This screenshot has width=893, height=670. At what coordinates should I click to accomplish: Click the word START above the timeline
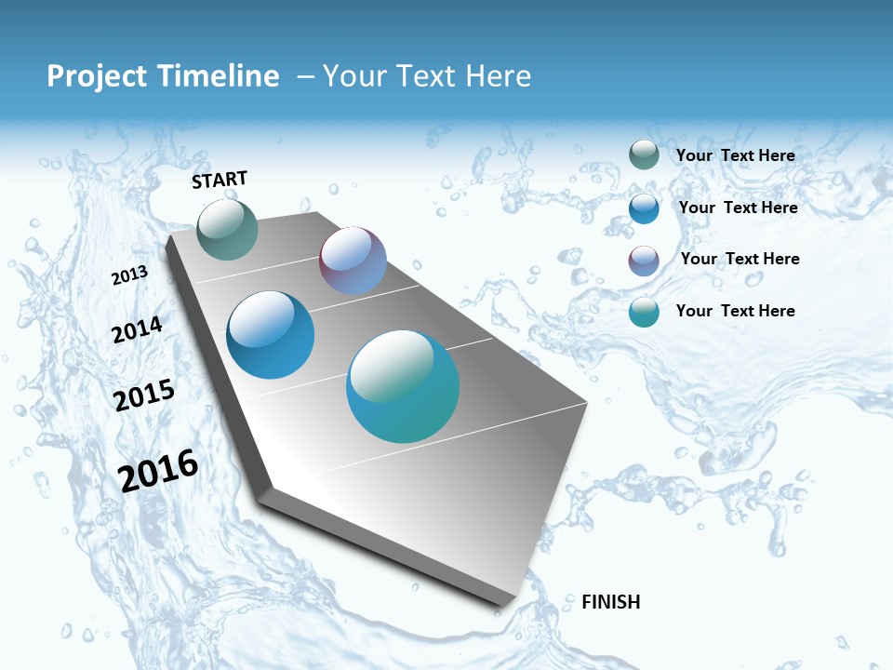coord(220,180)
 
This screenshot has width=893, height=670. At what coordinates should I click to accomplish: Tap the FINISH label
coord(610,602)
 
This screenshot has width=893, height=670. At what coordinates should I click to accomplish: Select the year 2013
coord(129,275)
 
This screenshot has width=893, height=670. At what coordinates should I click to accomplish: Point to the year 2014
coord(137,329)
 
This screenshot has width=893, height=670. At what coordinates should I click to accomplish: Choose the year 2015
coord(144,395)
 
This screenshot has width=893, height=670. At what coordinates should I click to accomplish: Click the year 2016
coord(158,470)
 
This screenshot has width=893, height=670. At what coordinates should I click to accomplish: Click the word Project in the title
coord(98,76)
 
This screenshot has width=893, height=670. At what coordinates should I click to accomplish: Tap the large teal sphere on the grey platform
coord(403,386)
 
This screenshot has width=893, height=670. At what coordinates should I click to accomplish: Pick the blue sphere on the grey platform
coord(270,335)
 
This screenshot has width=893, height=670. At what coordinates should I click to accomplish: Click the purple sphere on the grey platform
coord(353,261)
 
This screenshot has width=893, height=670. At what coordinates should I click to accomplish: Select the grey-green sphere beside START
coord(227,229)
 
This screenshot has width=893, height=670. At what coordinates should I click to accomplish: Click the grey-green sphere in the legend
coord(644,154)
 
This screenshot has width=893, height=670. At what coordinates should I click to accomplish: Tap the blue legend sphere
coord(644,208)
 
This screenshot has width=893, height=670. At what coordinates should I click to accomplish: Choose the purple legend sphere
coord(644,261)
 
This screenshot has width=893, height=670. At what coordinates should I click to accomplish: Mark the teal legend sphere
coord(644,312)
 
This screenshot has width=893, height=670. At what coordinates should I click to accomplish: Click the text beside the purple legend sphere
coord(740,259)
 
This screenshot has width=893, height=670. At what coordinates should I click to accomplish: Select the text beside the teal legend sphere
coord(735,311)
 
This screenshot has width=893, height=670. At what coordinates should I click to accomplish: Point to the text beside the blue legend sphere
coord(738,208)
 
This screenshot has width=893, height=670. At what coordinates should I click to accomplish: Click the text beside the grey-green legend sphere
coord(735,155)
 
